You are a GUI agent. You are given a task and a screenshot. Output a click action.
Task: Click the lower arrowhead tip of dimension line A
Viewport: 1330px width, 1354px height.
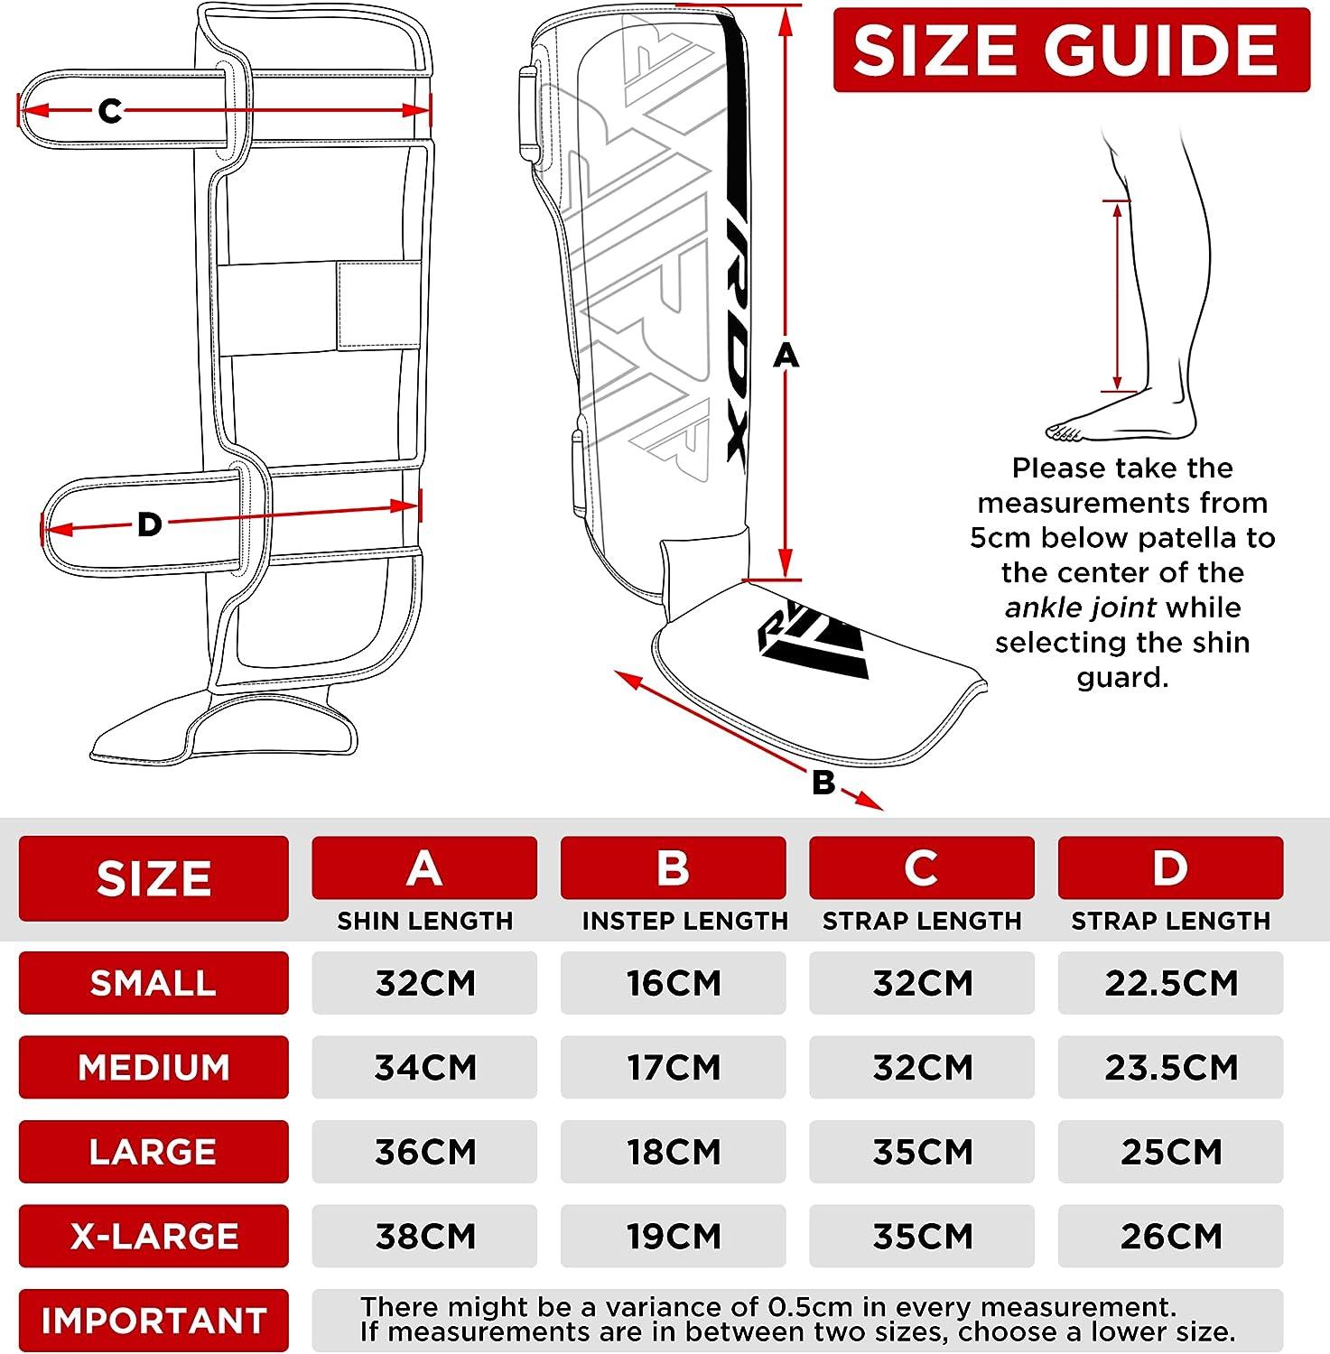click(x=786, y=576)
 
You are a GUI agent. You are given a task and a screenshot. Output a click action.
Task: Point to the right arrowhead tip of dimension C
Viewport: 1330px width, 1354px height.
click(x=430, y=110)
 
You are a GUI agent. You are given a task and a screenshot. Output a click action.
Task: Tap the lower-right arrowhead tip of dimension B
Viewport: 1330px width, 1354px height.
click(x=883, y=809)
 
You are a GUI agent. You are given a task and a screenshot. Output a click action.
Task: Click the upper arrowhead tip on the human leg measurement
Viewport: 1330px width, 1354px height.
click(x=1118, y=203)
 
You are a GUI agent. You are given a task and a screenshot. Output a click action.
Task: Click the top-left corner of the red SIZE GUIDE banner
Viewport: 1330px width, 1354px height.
click(x=833, y=8)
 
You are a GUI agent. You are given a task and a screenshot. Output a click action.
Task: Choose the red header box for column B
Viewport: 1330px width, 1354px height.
click(x=674, y=867)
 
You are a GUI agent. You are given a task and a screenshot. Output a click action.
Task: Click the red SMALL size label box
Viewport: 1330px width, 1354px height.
click(x=153, y=982)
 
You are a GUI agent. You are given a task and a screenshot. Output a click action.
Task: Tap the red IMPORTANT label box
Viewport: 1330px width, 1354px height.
click(x=153, y=1320)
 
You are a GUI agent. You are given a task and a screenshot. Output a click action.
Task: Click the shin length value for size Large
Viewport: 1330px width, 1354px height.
click(x=424, y=1152)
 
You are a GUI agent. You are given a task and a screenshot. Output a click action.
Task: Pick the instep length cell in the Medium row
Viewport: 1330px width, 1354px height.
click(x=674, y=1067)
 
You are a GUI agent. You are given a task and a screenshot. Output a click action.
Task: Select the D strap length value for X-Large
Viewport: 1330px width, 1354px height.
click(x=1171, y=1236)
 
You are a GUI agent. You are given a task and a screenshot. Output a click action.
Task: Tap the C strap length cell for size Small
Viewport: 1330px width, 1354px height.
click(x=922, y=982)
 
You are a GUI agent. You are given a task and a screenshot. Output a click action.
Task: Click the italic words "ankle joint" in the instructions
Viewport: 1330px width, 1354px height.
click(x=1081, y=607)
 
